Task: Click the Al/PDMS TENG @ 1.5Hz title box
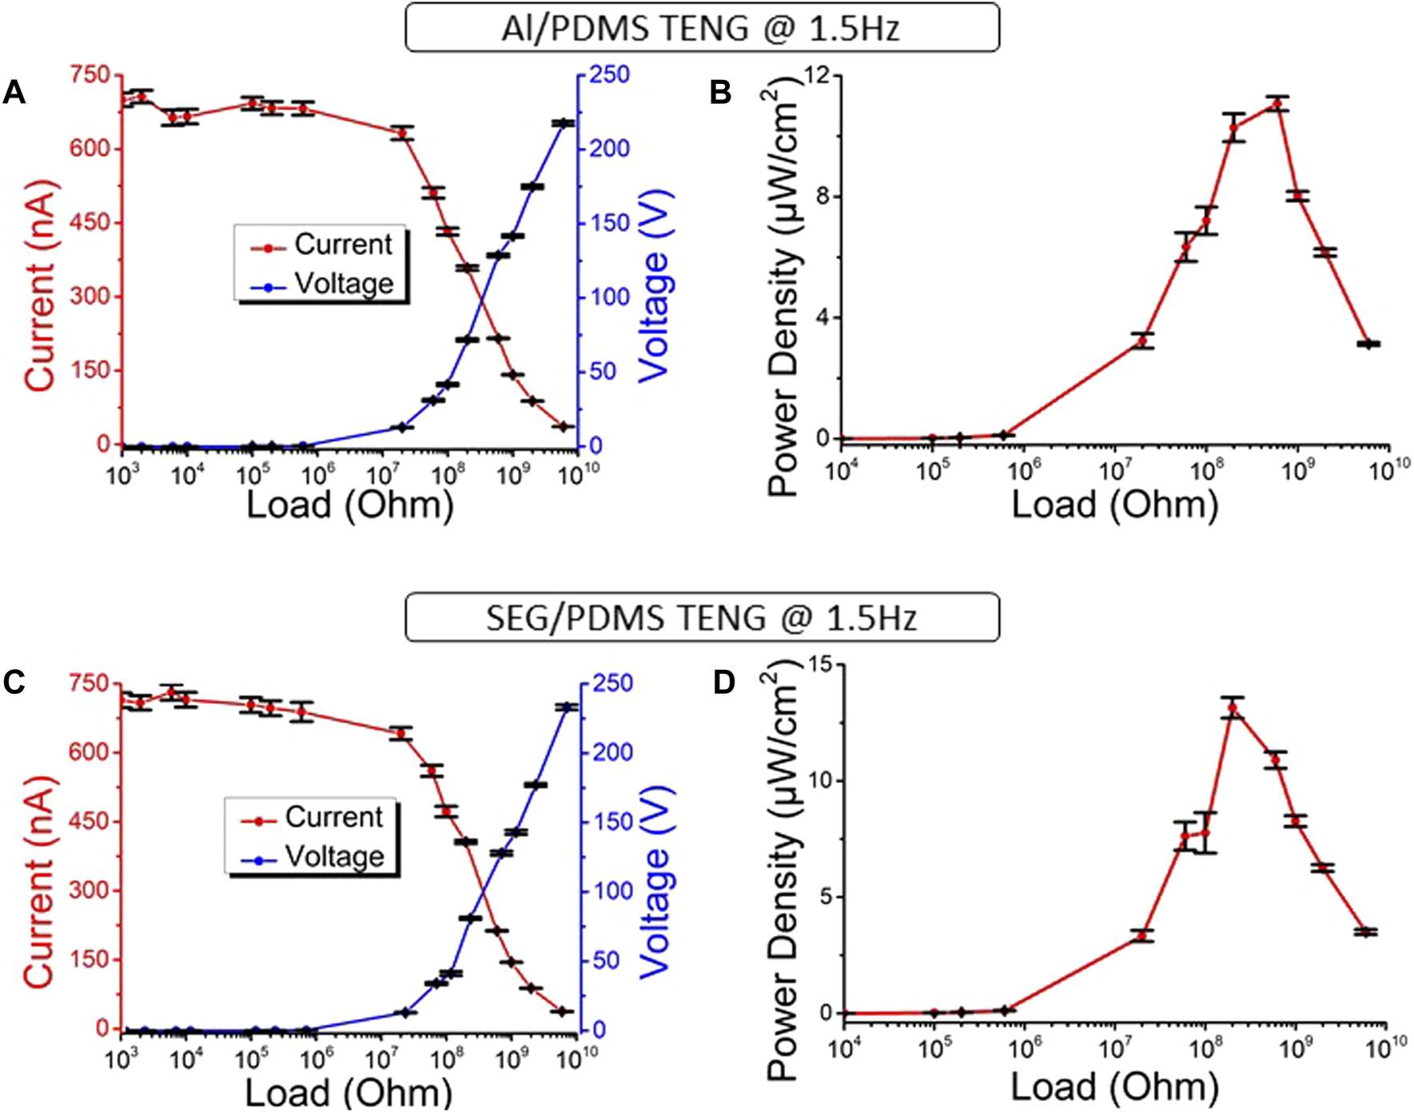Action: [701, 28]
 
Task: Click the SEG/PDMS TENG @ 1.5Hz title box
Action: [701, 617]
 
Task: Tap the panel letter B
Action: [720, 94]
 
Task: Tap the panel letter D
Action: [723, 683]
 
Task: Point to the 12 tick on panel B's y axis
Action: [815, 75]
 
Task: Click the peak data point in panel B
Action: [1277, 104]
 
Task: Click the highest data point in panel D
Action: [1233, 707]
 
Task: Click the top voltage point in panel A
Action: [564, 123]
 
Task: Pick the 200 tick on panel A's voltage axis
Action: [610, 149]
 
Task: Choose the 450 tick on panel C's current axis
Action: [89, 822]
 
